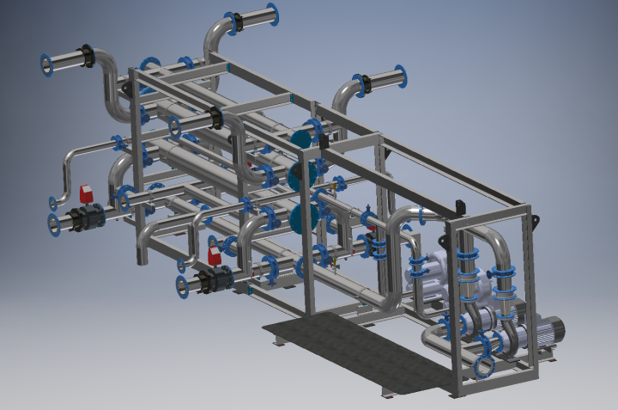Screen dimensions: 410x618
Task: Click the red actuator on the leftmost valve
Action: click(x=87, y=193)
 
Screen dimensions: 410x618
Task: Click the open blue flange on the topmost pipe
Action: click(x=273, y=15)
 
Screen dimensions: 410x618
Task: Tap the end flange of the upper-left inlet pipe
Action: click(x=46, y=64)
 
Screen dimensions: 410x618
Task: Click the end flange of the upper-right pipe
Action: click(x=400, y=77)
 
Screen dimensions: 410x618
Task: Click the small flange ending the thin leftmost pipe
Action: click(x=54, y=203)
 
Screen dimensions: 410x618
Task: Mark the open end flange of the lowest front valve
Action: click(x=183, y=286)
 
